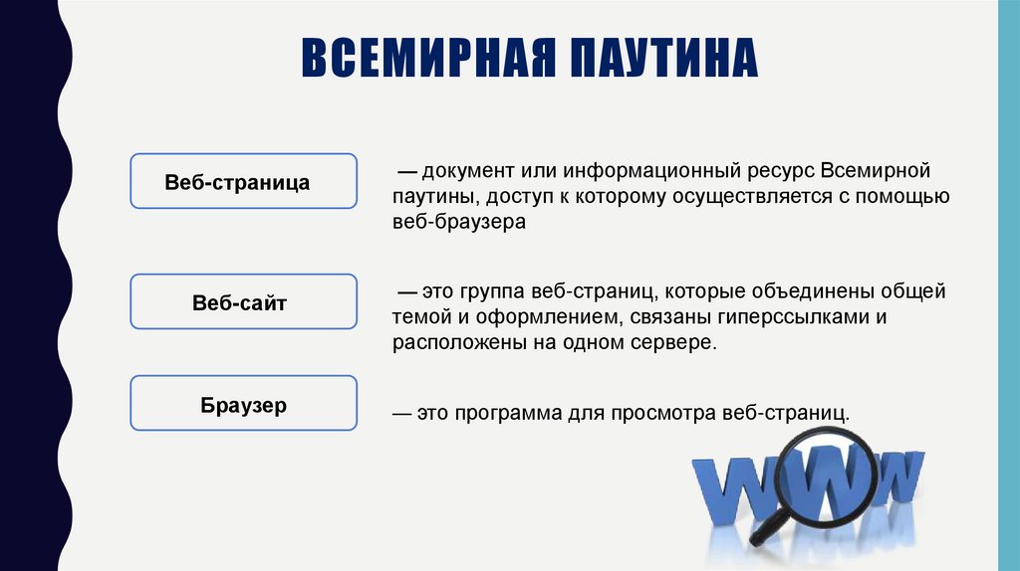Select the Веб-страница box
(x=243, y=181)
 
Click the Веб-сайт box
(x=243, y=301)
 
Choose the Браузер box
(x=243, y=403)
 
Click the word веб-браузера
(x=458, y=223)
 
